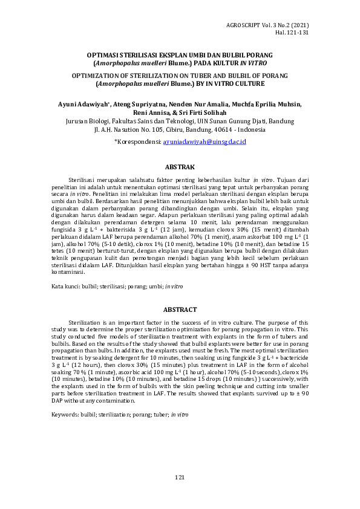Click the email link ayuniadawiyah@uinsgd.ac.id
point(205,141)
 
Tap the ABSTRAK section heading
point(180,167)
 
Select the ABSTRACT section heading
point(180,310)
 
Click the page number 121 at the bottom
point(180,478)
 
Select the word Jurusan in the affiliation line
point(77,121)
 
